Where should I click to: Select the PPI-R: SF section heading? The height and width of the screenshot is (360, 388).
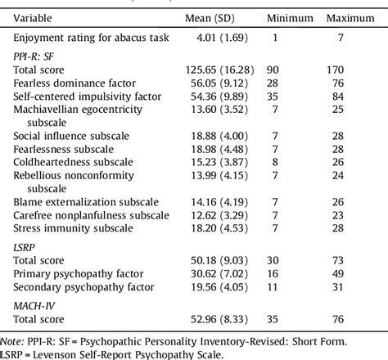point(34,56)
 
